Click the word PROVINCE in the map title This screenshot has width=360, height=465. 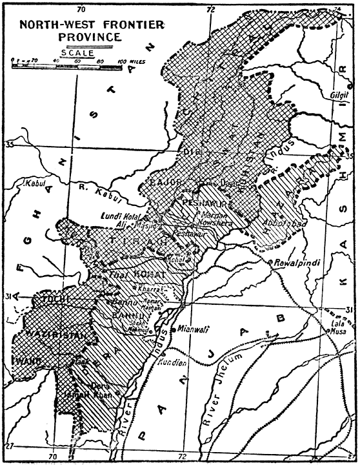(x=70, y=37)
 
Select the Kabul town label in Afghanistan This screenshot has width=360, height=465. (x=39, y=183)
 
